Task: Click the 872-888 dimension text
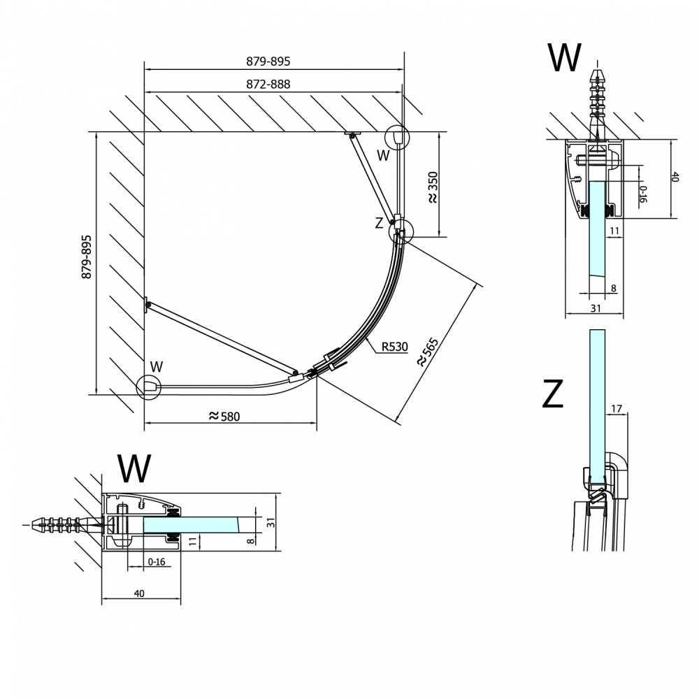(268, 84)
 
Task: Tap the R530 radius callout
(394, 346)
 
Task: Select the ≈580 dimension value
(224, 416)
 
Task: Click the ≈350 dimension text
(433, 188)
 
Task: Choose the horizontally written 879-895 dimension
(268, 62)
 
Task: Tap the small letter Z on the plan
(379, 224)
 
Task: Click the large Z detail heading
(552, 396)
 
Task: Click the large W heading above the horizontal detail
(134, 468)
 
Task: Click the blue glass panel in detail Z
(597, 405)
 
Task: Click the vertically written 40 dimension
(675, 178)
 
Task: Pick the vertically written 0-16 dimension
(643, 192)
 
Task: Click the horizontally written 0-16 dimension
(156, 561)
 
